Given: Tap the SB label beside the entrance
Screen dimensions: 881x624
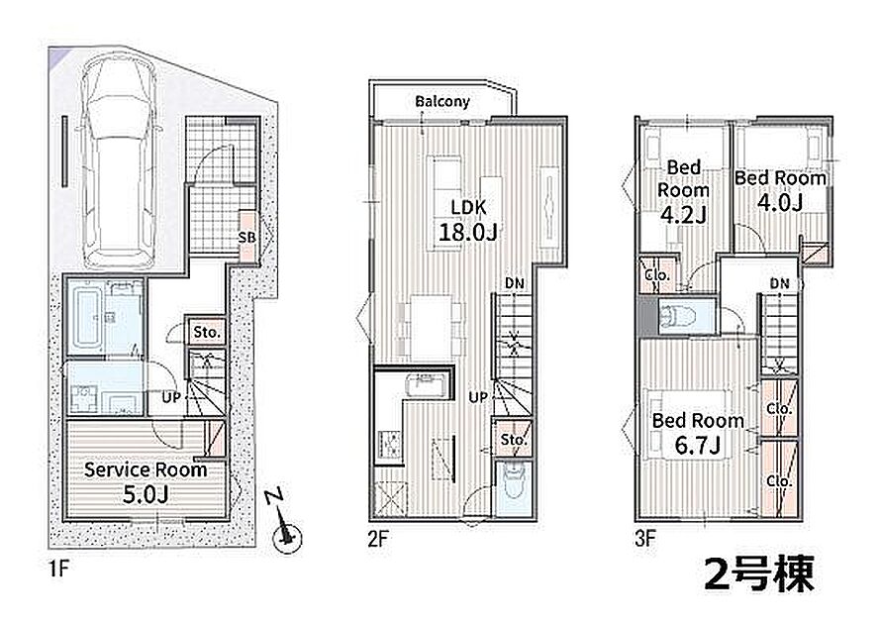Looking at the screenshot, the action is (x=246, y=238).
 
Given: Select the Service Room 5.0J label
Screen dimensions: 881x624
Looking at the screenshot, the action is (x=146, y=482).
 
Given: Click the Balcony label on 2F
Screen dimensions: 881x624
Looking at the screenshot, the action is (x=442, y=102).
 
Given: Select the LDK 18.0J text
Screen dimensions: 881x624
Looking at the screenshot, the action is (x=467, y=220).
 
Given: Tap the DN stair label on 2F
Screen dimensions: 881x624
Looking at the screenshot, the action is (x=515, y=283).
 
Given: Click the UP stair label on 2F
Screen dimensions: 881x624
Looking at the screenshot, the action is (x=477, y=397).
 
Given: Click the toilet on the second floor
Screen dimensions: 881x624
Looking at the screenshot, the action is (x=514, y=483).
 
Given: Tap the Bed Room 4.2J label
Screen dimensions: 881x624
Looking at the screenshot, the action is (x=683, y=191).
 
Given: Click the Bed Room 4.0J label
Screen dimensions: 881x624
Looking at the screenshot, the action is (x=780, y=190).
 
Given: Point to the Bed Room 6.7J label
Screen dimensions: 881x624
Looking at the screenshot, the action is (x=698, y=433).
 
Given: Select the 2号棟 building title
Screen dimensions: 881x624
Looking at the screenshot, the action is (x=759, y=573).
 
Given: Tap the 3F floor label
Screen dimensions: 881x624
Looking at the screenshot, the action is (x=645, y=540).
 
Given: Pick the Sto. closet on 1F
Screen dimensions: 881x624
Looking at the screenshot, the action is (x=206, y=332).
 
